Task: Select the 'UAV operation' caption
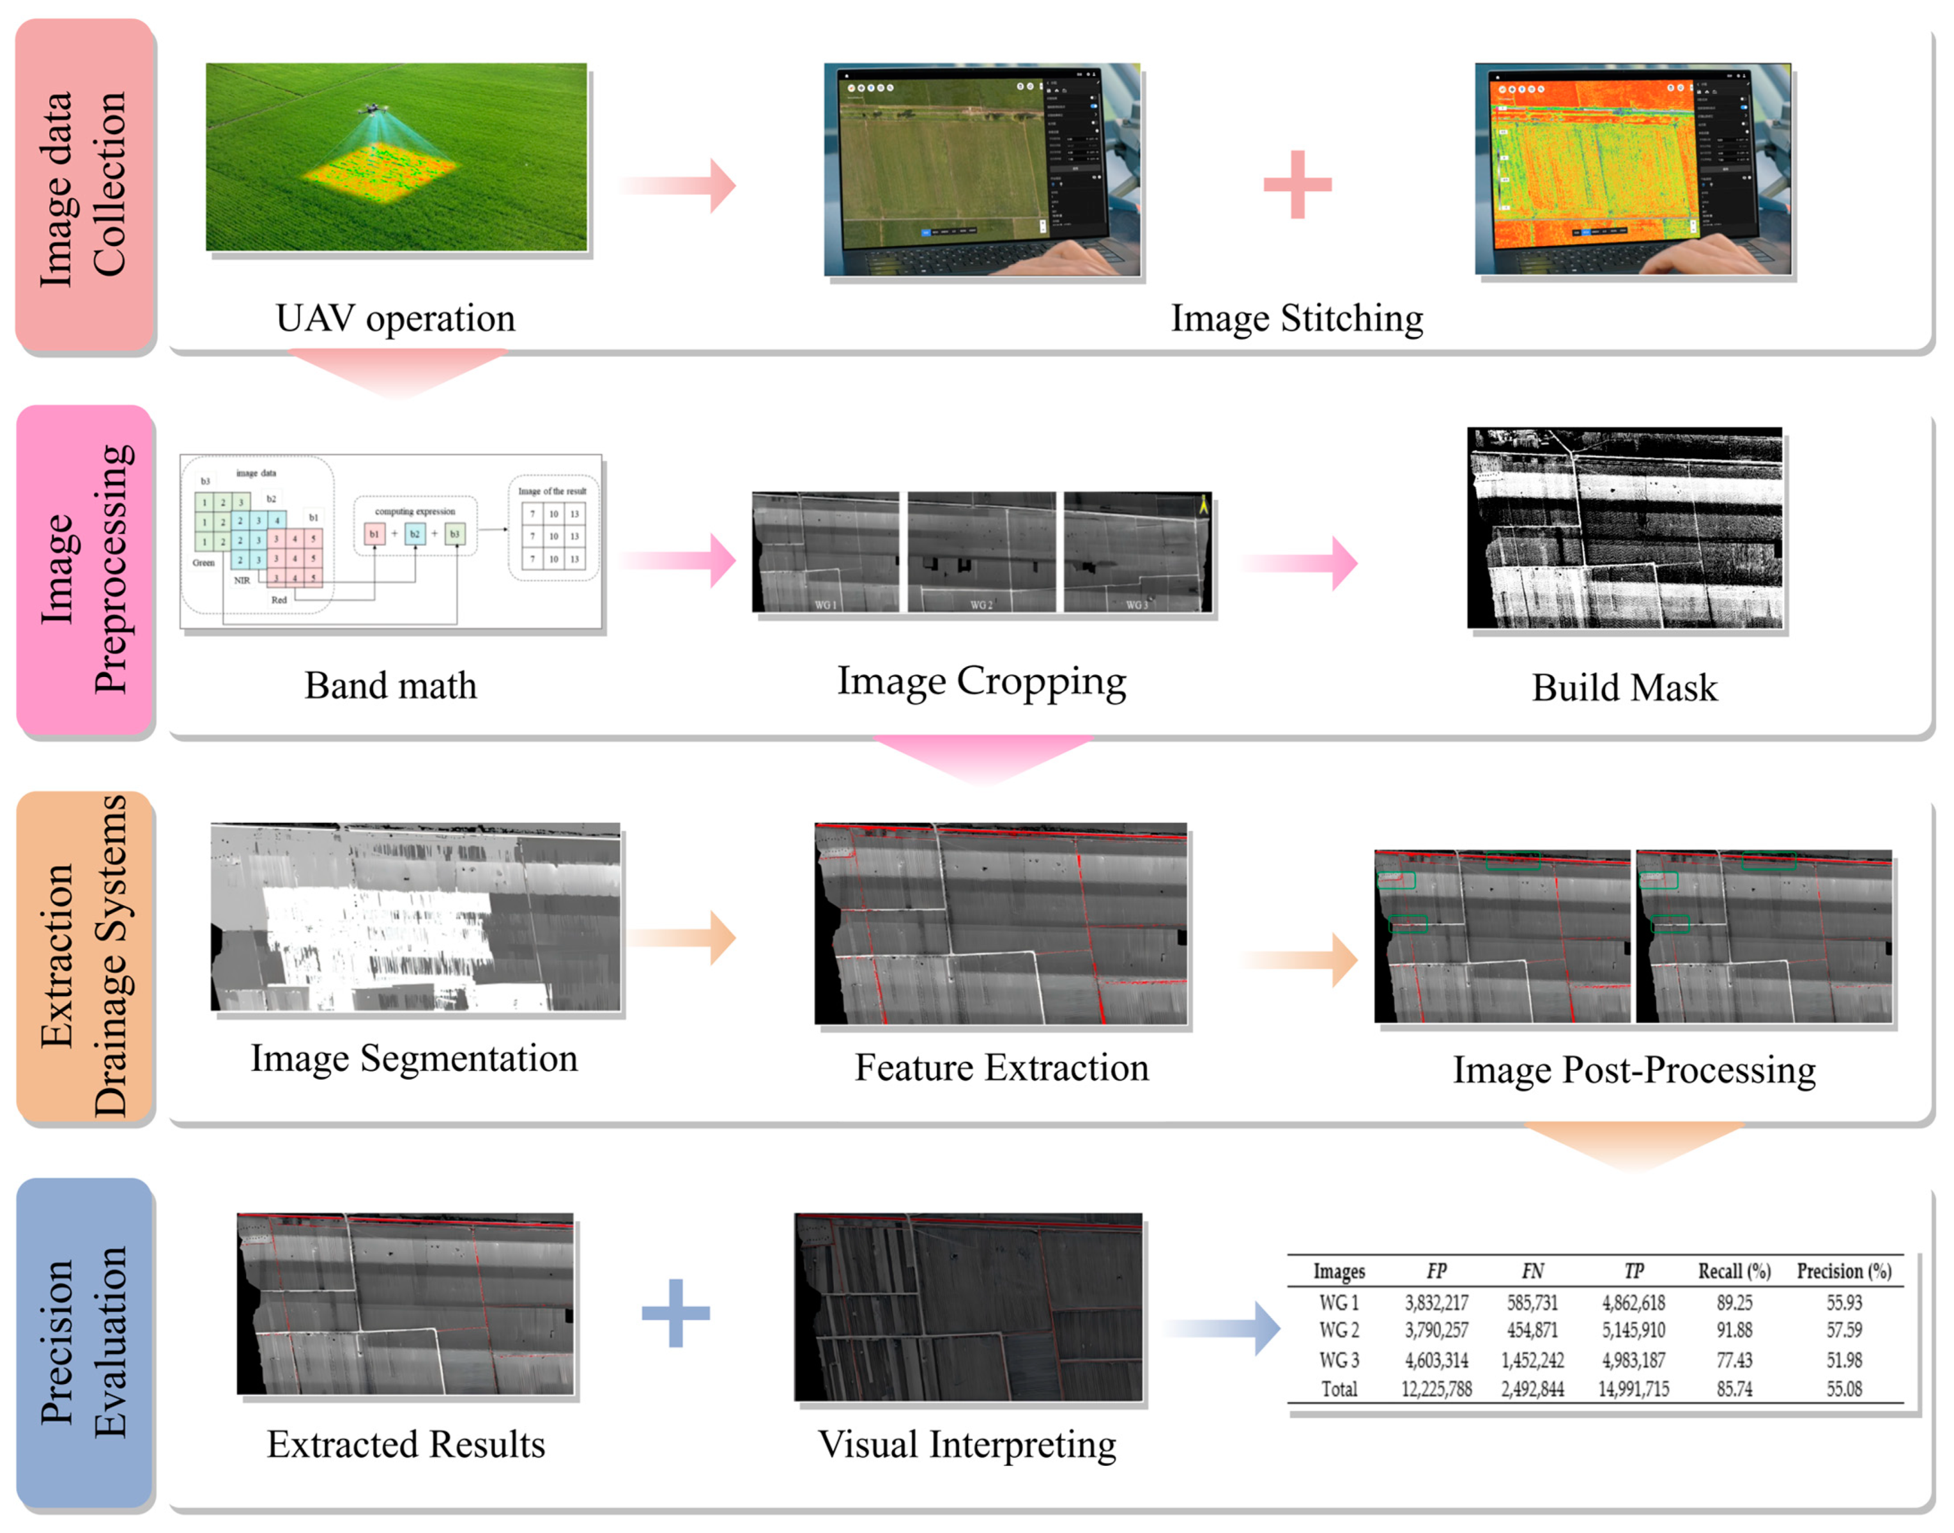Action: pos(395,318)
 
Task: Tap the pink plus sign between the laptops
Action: pos(1296,185)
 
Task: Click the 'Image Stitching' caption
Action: pos(1296,318)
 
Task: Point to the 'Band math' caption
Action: pos(390,686)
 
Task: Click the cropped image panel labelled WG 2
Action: pos(981,552)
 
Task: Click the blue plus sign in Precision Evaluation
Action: pos(675,1312)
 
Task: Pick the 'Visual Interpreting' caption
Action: pos(967,1444)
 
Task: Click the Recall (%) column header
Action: pos(1734,1271)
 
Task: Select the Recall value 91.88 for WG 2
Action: pos(1734,1330)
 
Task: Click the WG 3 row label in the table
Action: pos(1339,1360)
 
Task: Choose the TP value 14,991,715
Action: pos(1633,1389)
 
